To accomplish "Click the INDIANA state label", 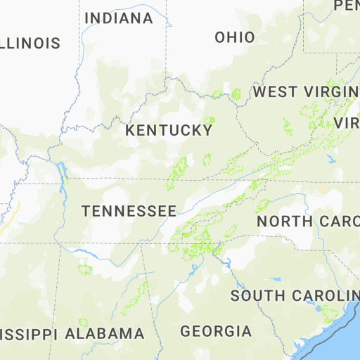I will [118, 18].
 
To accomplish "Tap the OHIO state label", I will [235, 37].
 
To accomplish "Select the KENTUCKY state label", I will [169, 131].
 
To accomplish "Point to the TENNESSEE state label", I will [129, 211].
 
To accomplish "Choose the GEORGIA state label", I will [216, 330].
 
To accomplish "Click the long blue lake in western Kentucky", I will [63, 176].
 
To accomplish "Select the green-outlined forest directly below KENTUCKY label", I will [180, 169].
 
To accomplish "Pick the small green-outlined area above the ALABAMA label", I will [85, 269].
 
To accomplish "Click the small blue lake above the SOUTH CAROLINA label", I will [276, 280].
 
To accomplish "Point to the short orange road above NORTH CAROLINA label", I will [322, 188].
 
